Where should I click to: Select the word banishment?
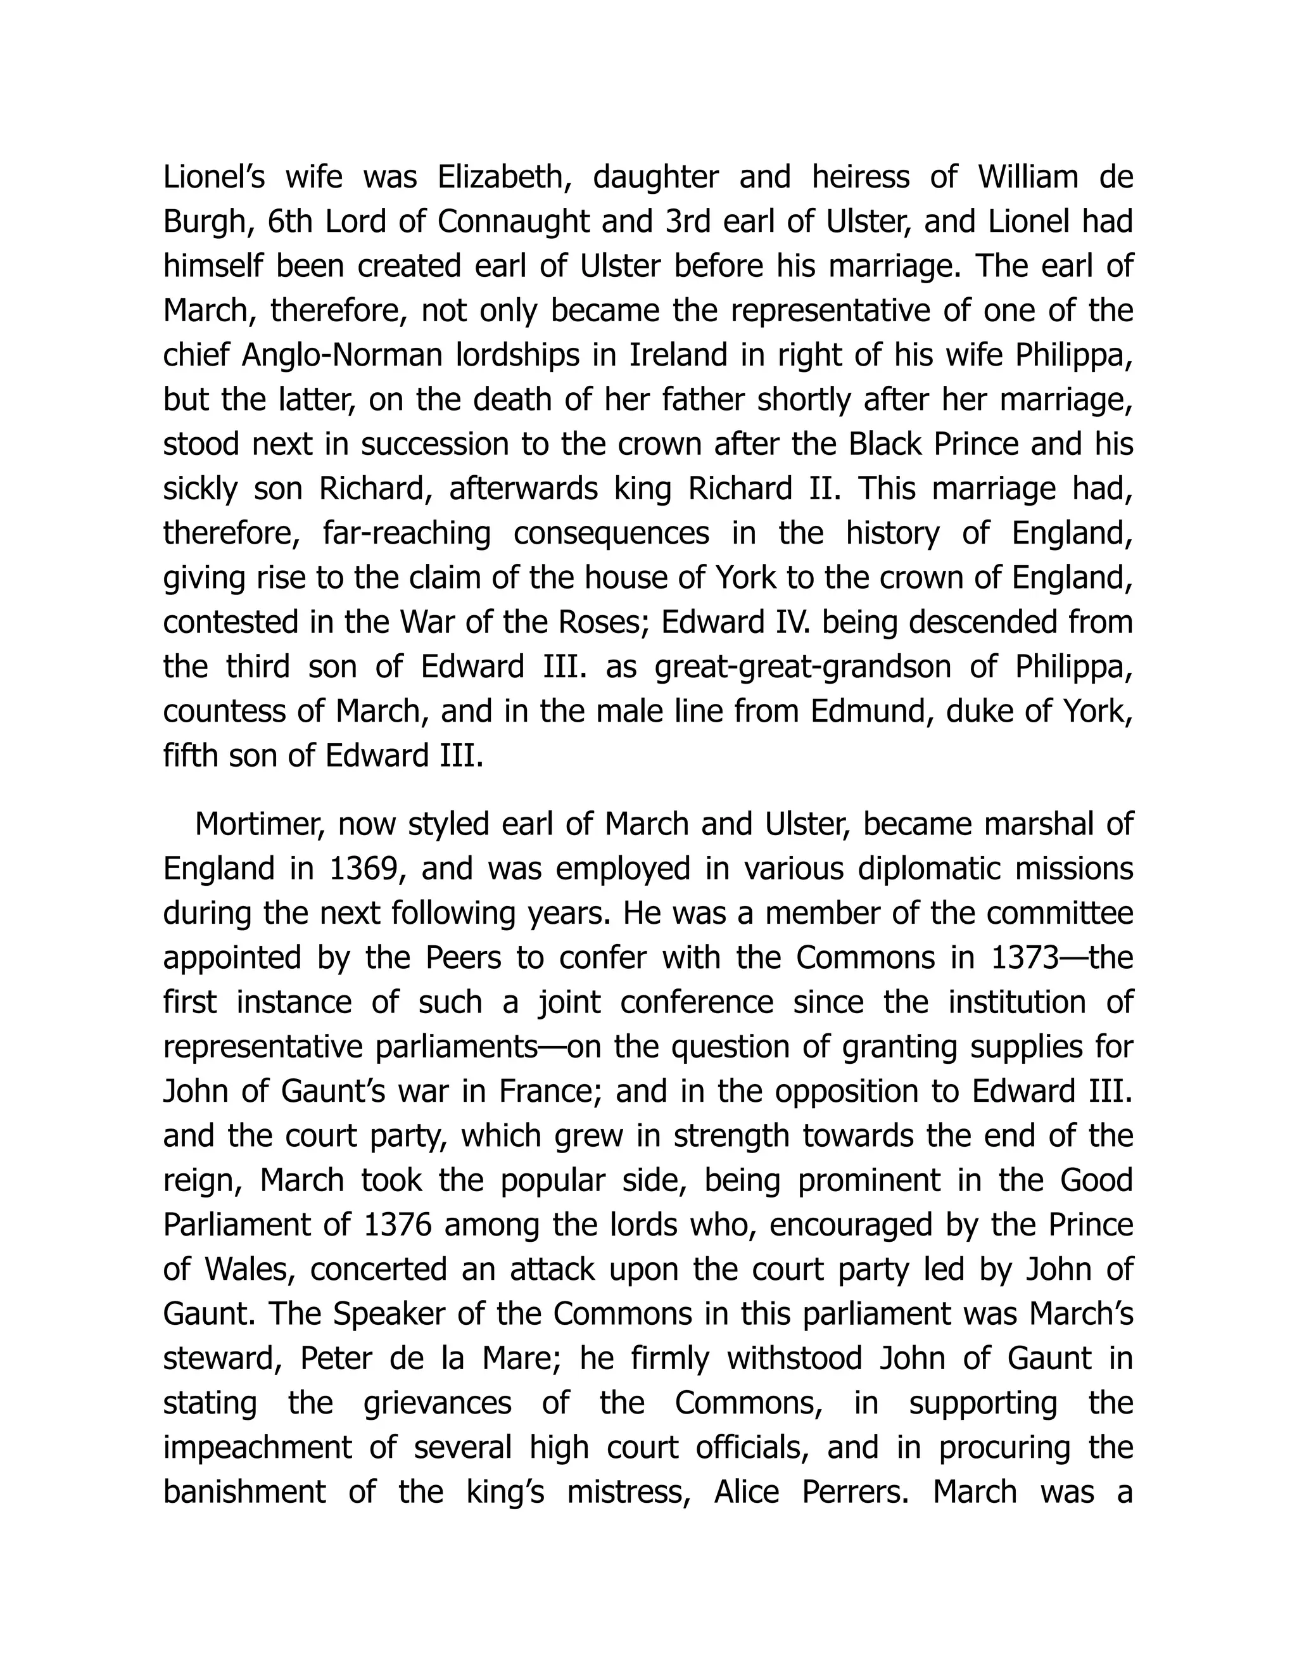(x=244, y=1492)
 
